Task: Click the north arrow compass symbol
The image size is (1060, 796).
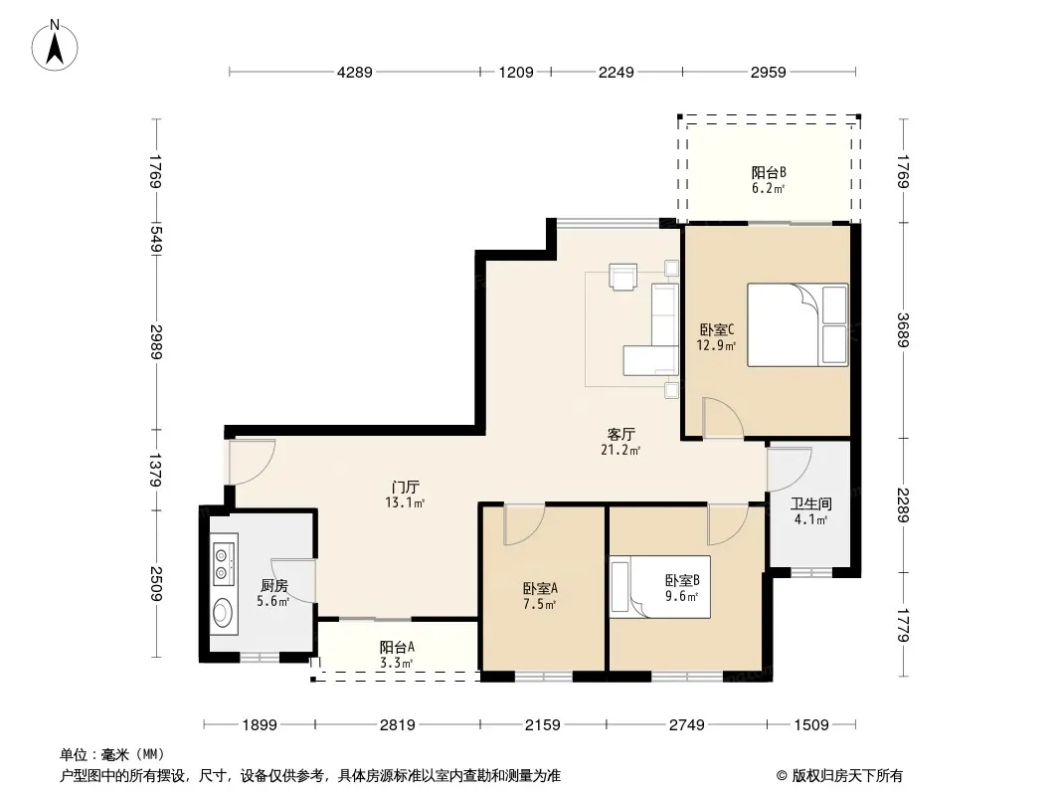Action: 55,46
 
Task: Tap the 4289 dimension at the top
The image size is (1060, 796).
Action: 355,72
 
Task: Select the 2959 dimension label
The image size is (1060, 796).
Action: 768,72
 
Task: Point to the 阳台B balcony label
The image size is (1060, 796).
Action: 769,172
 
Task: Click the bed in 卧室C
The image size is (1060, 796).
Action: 797,325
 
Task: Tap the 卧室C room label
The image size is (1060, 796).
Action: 717,330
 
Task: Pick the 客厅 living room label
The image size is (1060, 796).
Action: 620,434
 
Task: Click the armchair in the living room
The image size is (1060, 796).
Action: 622,277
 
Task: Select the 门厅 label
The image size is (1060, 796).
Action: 405,487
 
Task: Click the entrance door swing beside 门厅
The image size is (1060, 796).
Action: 252,462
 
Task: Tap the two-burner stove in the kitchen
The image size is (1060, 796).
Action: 222,565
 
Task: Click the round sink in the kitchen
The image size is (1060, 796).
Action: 223,613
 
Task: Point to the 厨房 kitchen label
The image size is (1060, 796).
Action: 273,586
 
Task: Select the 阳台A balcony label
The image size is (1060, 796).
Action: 397,647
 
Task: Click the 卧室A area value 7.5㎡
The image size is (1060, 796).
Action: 540,605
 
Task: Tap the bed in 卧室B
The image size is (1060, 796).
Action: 660,587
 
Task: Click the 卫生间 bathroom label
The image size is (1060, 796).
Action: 811,503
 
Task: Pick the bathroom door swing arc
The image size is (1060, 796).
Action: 790,470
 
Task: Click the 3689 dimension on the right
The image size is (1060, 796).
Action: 903,330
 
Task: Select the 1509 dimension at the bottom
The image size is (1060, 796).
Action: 811,725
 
